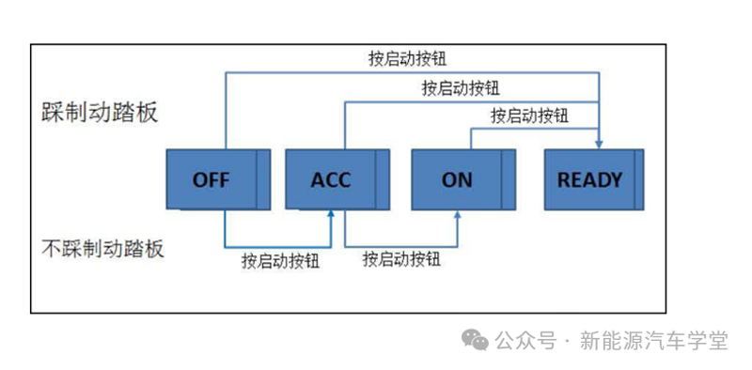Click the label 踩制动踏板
[x=100, y=113]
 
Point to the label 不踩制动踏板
[x=103, y=249]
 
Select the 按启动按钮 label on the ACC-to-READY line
[x=461, y=88]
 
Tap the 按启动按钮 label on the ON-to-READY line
[x=529, y=116]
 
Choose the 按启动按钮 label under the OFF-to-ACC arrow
[x=280, y=260]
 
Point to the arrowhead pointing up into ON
[x=458, y=214]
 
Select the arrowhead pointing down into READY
[x=599, y=143]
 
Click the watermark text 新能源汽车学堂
[x=654, y=340]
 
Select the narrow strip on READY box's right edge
[x=638, y=178]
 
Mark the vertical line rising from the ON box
[x=470, y=138]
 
